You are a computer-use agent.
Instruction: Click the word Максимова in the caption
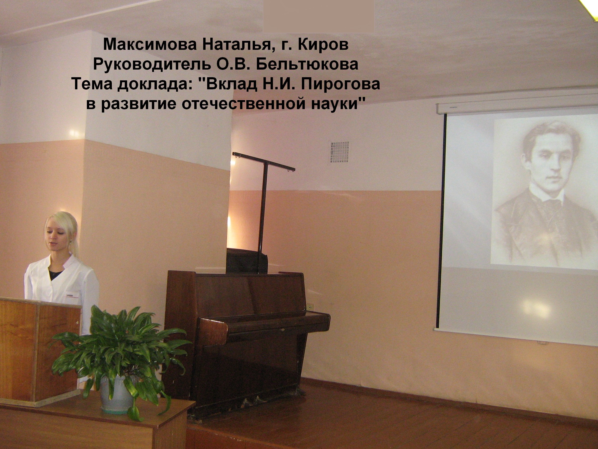tap(150, 44)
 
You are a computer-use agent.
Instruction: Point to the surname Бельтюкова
tap(307, 64)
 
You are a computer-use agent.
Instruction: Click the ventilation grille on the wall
tap(339, 152)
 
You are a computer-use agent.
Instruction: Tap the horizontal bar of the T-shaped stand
tap(263, 162)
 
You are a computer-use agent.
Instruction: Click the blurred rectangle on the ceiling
tap(318, 16)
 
